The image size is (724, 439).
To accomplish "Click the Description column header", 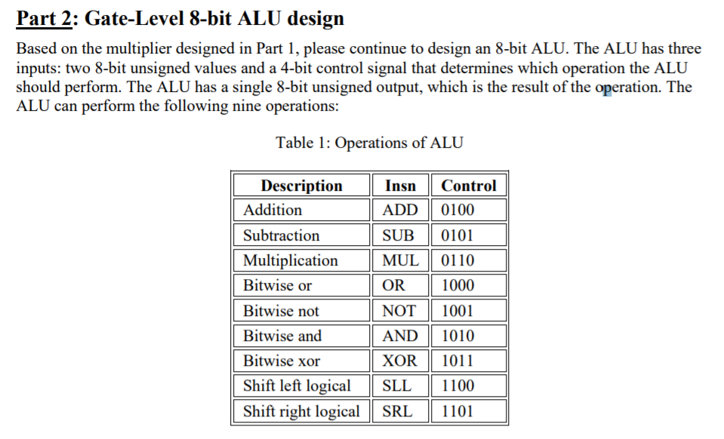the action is tap(301, 186).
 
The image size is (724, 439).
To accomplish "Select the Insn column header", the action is tap(400, 186).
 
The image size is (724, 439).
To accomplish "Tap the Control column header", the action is tap(468, 186).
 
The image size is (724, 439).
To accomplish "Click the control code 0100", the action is tap(458, 210).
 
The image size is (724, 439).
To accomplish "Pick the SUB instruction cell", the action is tap(399, 235).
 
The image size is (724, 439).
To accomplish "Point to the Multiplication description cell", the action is tap(291, 260).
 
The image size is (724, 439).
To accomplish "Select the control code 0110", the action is tap(458, 260).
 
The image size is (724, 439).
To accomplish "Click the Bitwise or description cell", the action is tap(277, 286).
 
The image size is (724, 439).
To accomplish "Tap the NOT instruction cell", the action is tap(399, 311).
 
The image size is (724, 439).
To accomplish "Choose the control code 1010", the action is tap(458, 336).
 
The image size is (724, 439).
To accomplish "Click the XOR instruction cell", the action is tap(399, 361).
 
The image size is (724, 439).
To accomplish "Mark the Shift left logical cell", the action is tap(297, 386).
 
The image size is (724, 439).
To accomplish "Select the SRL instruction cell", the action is tap(398, 411).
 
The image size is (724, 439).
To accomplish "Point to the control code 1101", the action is tap(458, 411).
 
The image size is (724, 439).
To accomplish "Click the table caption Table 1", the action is tap(369, 143).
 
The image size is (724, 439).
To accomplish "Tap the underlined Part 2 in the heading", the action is tap(43, 18).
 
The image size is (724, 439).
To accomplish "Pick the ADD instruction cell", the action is tap(399, 210).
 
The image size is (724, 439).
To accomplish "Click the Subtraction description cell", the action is tap(281, 235).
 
